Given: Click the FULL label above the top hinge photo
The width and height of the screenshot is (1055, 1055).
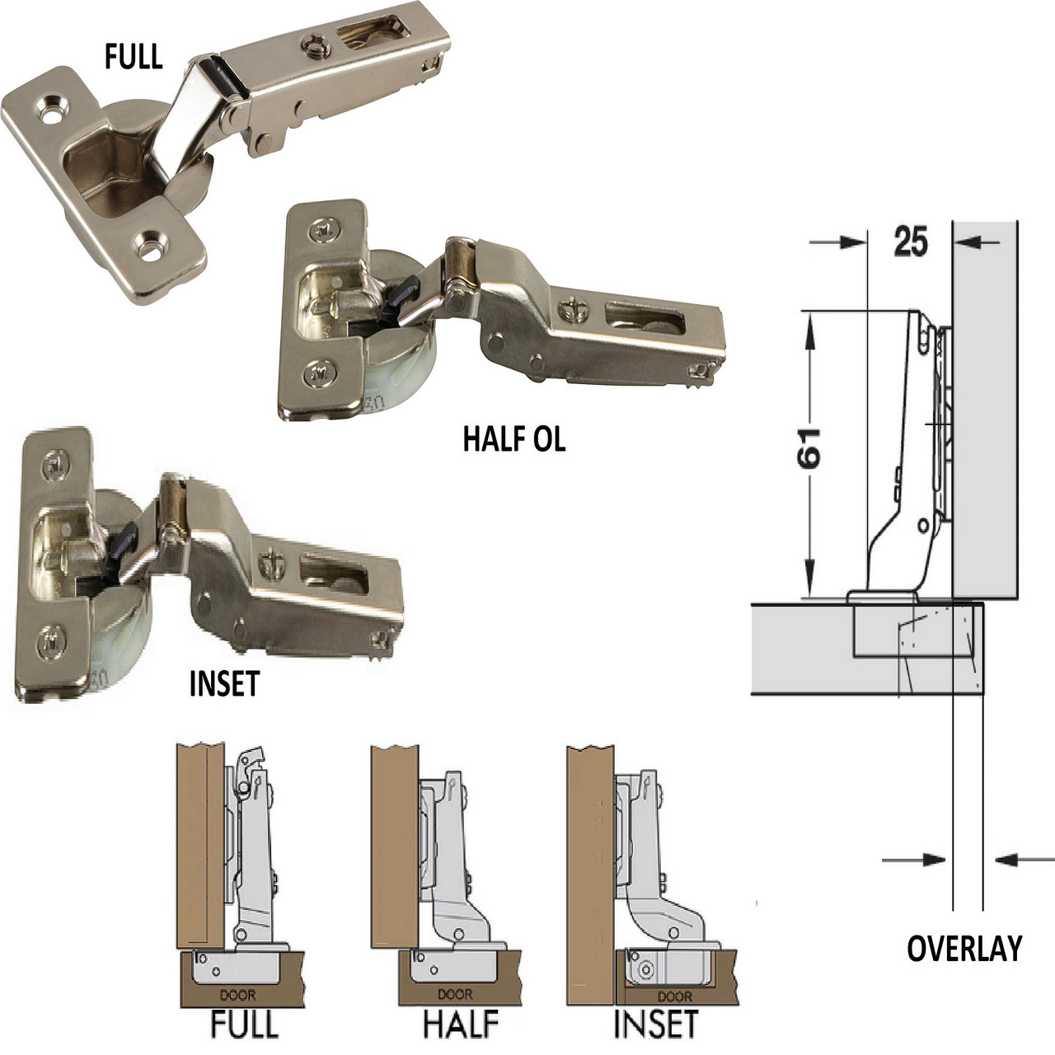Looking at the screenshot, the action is point(134,57).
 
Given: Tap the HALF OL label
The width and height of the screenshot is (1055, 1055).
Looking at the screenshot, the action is point(514,439).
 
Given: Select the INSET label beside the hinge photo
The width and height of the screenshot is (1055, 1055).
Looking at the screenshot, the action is point(224,684).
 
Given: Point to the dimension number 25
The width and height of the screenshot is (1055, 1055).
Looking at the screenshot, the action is point(911,241).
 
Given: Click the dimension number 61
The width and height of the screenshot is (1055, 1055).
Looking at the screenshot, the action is point(809,449).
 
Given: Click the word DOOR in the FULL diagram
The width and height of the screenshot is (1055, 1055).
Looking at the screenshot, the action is point(237,995).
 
